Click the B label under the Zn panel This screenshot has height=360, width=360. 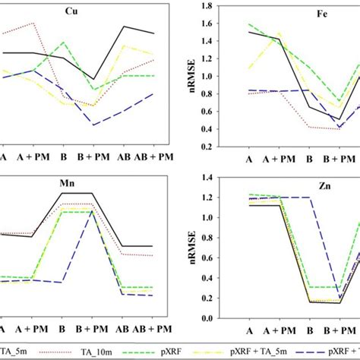(x=308, y=331)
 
